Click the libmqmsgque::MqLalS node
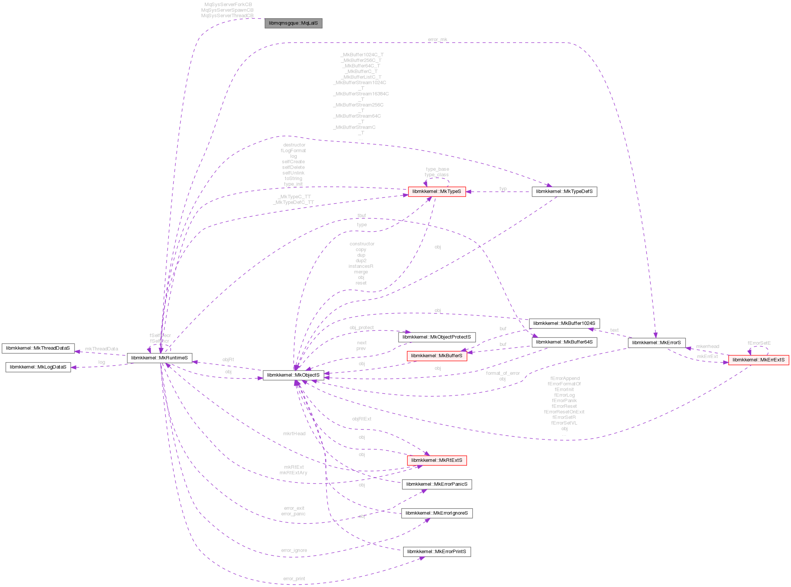(x=293, y=23)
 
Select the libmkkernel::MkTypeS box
(x=437, y=191)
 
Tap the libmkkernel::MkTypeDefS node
(x=564, y=191)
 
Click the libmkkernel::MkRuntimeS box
(x=159, y=358)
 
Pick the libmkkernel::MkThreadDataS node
(x=38, y=348)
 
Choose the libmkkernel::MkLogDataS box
(x=38, y=367)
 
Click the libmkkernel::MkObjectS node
(x=293, y=375)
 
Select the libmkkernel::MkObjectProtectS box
(x=437, y=337)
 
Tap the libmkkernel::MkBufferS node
(x=437, y=356)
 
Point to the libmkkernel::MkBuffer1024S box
(x=564, y=323)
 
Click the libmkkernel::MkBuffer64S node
(x=564, y=342)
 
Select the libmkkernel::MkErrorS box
(x=656, y=342)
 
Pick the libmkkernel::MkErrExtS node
(x=758, y=360)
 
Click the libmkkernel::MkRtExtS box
(x=437, y=460)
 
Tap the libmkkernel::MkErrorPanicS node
(x=437, y=484)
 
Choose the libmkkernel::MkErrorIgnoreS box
(x=437, y=513)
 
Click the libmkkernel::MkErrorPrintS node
(x=437, y=552)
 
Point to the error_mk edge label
(x=437, y=40)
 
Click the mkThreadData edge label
(x=101, y=349)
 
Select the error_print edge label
(x=294, y=579)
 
